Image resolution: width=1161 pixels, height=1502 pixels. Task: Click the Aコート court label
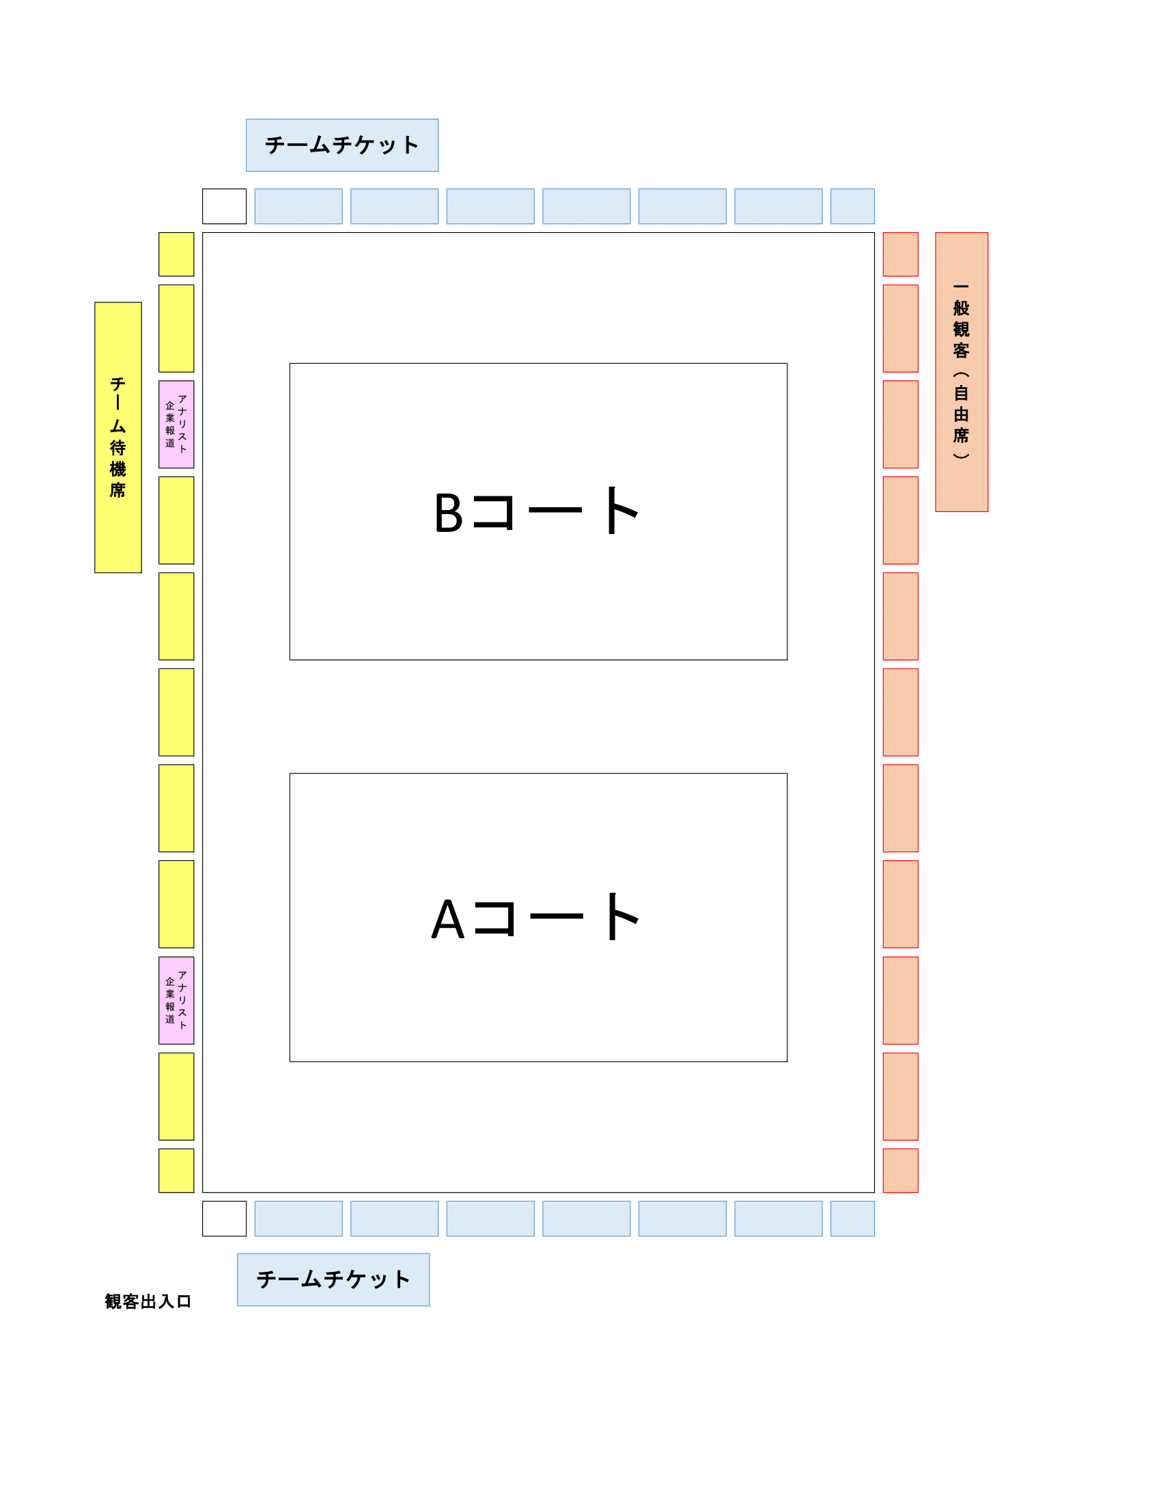537,917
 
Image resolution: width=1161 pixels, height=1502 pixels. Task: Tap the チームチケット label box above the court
342,145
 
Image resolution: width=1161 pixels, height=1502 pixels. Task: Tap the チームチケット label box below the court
333,1279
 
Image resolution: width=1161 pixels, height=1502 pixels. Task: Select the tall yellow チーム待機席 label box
118,438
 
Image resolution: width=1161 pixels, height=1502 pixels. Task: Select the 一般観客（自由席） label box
962,372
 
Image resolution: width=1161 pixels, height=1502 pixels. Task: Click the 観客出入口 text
148,1301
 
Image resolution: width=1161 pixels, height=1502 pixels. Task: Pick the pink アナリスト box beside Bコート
176,425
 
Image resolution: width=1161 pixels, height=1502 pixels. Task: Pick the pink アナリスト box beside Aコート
176,1000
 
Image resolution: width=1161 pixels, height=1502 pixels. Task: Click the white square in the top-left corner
224,206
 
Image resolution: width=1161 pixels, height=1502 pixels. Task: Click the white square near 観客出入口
224,1219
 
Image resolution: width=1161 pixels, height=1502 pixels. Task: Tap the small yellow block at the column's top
176,255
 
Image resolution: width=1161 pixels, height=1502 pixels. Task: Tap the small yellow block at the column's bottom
176,1170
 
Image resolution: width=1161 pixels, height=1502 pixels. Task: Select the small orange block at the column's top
900,255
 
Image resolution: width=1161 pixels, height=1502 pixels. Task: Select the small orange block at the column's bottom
900,1170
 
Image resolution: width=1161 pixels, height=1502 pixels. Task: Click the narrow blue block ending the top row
852,206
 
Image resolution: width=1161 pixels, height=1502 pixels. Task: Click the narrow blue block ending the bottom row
852,1219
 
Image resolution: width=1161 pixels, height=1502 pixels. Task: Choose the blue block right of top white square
298,206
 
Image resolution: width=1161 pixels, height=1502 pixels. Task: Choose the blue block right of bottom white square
298,1219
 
